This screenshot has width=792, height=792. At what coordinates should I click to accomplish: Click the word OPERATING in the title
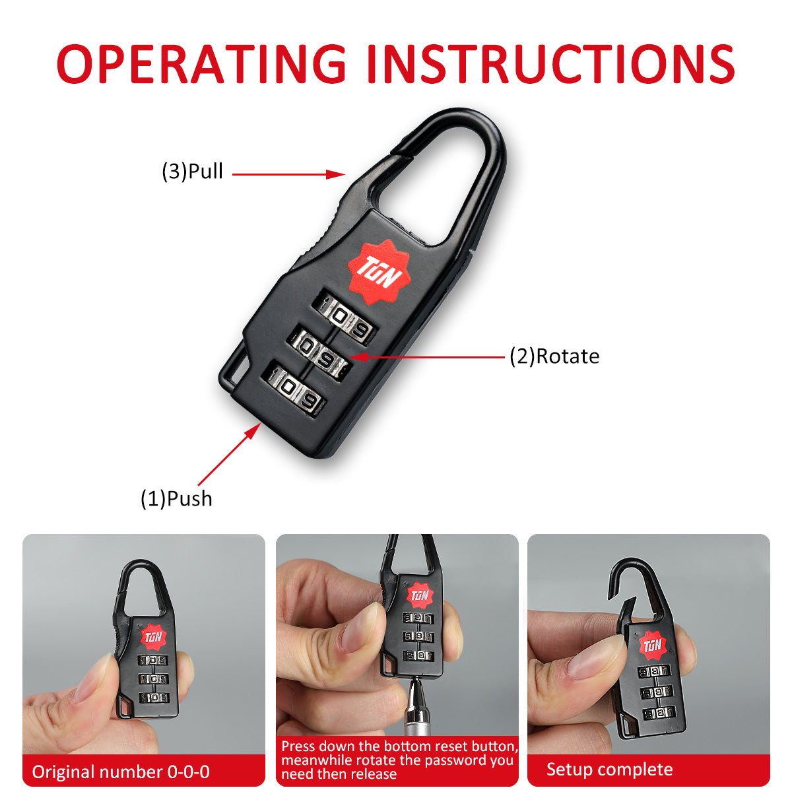(201, 64)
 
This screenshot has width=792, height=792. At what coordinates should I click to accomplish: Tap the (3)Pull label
(192, 172)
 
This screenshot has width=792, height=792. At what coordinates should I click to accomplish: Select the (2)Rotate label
(554, 356)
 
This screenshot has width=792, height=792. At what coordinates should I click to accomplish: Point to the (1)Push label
(176, 498)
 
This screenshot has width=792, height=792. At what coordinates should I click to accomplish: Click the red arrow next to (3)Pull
(288, 174)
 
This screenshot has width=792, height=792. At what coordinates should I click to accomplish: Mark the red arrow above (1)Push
(228, 455)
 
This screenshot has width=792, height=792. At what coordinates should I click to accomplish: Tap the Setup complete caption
(609, 770)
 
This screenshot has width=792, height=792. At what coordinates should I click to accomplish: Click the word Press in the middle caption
(302, 746)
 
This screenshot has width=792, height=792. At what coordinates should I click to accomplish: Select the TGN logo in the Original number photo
(153, 638)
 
